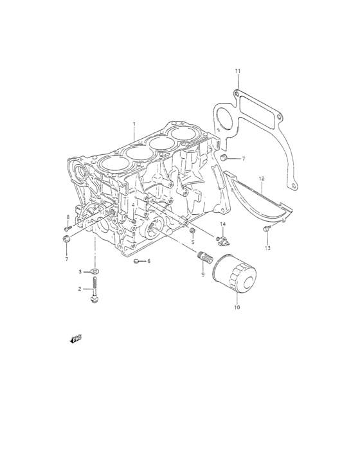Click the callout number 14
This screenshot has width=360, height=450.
click(223, 224)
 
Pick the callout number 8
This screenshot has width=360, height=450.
click(67, 217)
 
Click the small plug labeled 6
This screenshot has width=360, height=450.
click(137, 261)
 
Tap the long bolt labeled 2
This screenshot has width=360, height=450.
click(95, 291)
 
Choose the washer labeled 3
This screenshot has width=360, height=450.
click(95, 271)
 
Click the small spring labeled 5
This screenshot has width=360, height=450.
click(192, 231)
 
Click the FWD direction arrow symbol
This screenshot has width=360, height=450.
click(75, 339)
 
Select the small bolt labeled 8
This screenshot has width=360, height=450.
click(67, 228)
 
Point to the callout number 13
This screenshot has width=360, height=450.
click(267, 248)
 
